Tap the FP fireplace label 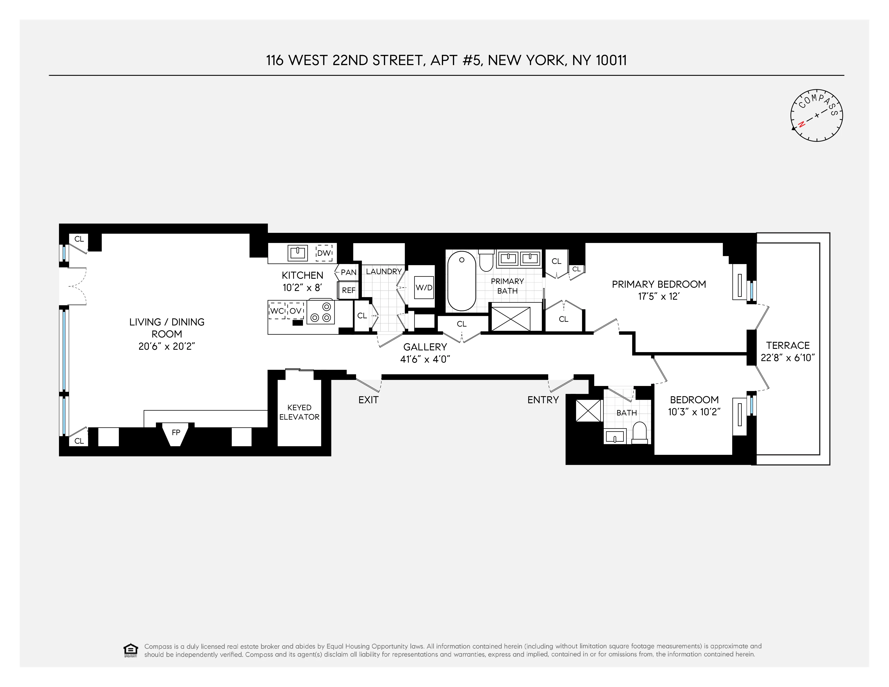pos(176,433)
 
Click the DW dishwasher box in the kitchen pos(324,253)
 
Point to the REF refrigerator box pos(348,290)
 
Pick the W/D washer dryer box pos(424,287)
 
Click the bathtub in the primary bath pos(462,281)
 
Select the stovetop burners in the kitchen pos(321,312)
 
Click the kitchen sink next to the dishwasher pos(297,253)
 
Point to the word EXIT pos(368,400)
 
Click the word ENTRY pos(543,400)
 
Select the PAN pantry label pos(348,272)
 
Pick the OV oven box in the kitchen pos(296,311)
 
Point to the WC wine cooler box pos(277,311)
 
